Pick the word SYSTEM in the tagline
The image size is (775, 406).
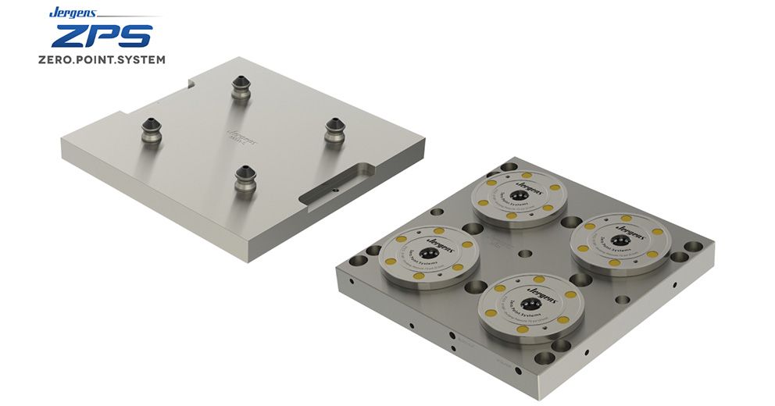tap(145, 60)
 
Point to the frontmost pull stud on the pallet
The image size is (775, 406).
tap(245, 178)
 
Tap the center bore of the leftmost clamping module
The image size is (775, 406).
tap(430, 255)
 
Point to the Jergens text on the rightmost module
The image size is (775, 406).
tap(630, 229)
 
